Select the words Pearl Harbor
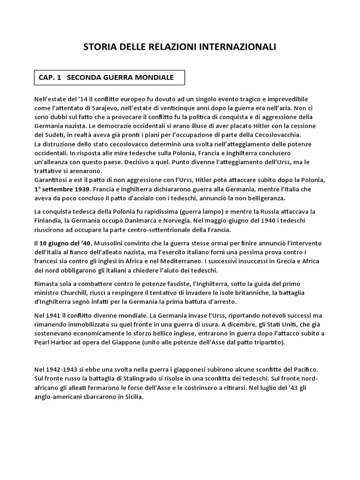pos(54,342)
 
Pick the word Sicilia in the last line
pos(132,396)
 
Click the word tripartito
pos(266,342)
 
